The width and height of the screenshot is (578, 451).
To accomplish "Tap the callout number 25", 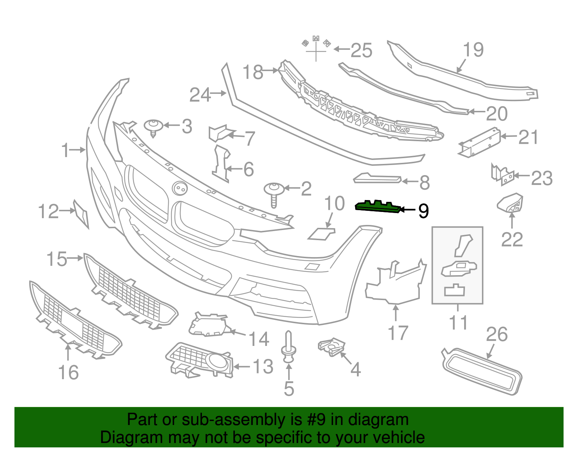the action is coord(361,50).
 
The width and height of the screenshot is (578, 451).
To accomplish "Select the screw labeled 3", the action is coord(154,128).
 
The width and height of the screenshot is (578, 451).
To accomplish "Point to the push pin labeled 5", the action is coord(289,347).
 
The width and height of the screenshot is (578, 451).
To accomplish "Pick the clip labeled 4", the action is coord(332,347).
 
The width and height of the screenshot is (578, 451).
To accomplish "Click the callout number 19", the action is coord(473,50).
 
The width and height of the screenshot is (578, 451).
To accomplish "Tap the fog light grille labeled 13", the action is coord(199,360).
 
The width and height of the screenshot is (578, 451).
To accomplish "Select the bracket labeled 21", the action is coord(479,142).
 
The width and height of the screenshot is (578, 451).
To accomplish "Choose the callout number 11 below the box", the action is coord(458,322).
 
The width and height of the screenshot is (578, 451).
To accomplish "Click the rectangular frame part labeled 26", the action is coord(482,371).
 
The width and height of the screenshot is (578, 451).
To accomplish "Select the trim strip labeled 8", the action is coord(377,178).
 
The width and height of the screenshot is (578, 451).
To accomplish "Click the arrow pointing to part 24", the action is coord(218,93).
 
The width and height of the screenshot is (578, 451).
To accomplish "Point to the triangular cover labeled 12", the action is coord(81,214).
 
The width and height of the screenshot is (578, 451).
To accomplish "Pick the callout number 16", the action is coord(68,372).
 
